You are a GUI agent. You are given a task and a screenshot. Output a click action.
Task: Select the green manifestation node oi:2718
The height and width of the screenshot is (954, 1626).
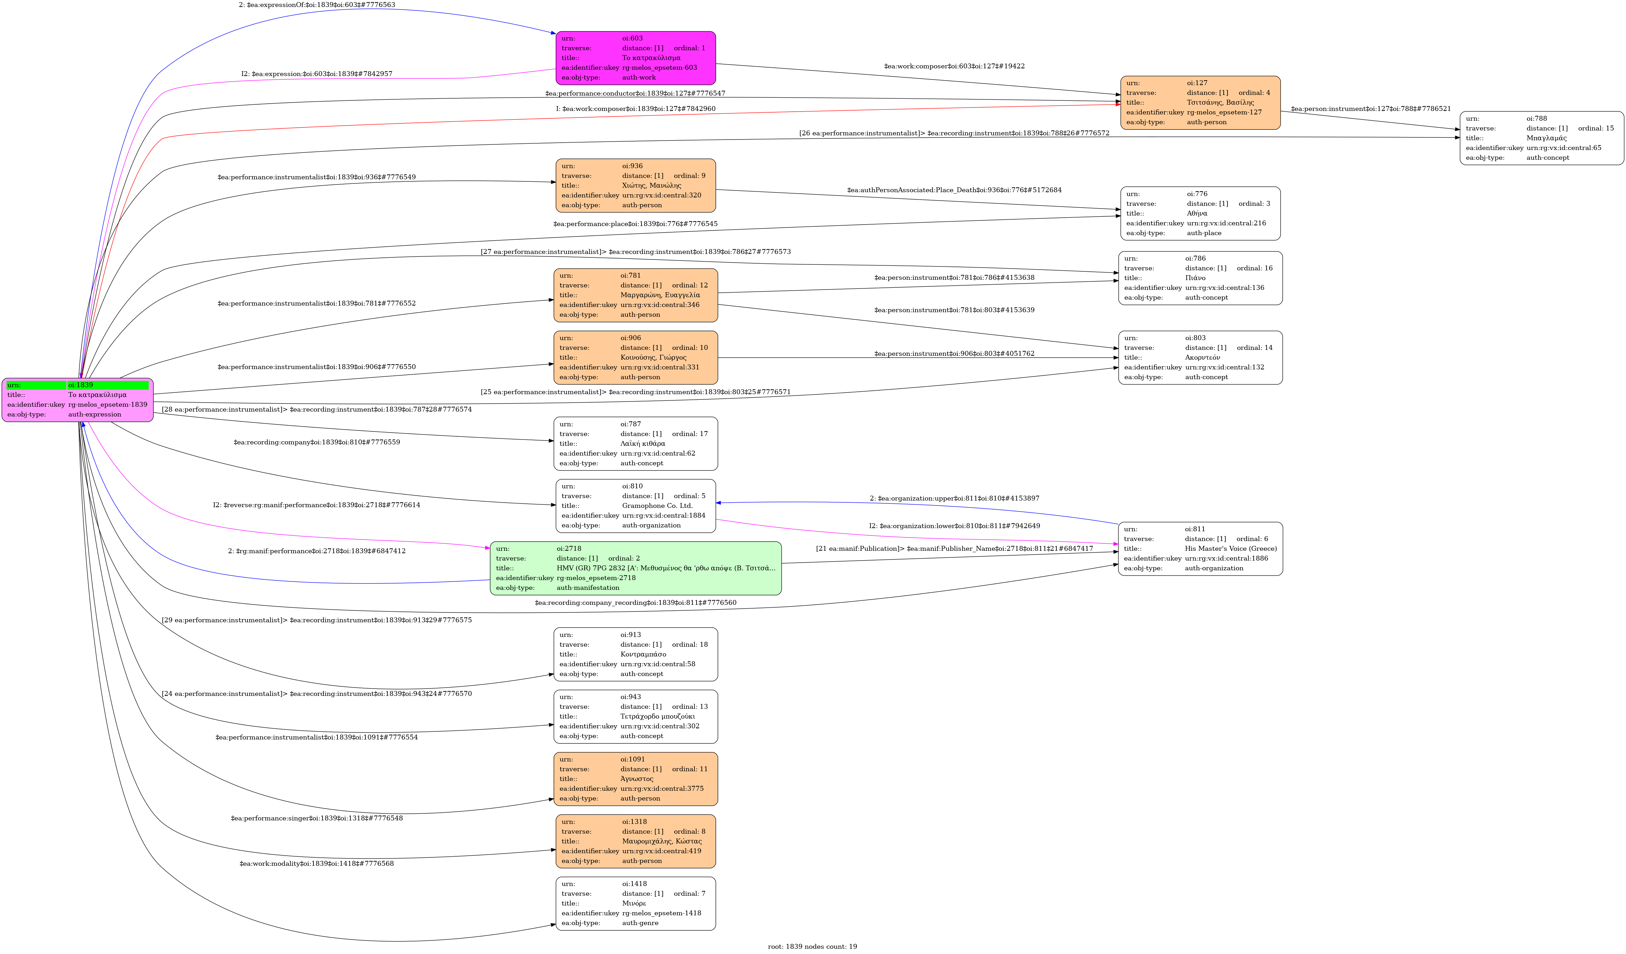coord(636,568)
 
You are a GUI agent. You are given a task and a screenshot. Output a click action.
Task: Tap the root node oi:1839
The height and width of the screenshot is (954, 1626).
coord(77,399)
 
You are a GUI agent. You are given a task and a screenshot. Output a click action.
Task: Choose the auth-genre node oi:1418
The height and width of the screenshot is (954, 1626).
coord(636,903)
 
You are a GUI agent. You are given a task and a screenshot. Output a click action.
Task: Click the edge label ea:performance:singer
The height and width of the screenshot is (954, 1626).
coord(316,818)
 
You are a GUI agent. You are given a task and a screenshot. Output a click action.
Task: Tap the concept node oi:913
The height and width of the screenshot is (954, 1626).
coord(636,654)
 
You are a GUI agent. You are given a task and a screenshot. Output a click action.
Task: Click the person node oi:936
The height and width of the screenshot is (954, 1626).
coord(636,185)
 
